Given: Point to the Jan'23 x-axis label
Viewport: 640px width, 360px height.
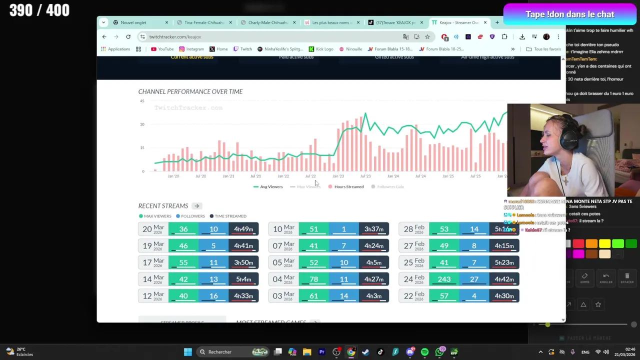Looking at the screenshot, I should pyautogui.click(x=338, y=176).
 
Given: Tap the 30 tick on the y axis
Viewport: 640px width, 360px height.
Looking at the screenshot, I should pyautogui.click(x=142, y=124).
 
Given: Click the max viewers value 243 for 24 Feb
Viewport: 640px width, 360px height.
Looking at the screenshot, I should pyautogui.click(x=444, y=279).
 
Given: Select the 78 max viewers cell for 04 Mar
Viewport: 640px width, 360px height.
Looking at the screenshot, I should pyautogui.click(x=313, y=279).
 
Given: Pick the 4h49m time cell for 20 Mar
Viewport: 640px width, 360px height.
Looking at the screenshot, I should pyautogui.click(x=243, y=229).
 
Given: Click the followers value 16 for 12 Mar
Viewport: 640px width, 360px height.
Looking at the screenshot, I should pyautogui.click(x=213, y=296).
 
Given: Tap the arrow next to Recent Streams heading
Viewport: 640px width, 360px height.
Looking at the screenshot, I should pyautogui.click(x=196, y=206).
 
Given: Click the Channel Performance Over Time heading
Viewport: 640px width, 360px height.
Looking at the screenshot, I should pyautogui.click(x=190, y=91).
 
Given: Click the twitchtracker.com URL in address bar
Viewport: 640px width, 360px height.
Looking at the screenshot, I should pyautogui.click(x=175, y=36).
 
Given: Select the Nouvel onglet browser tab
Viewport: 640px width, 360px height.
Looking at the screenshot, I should pyautogui.click(x=133, y=22).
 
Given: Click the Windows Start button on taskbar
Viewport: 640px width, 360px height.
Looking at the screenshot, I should pyautogui.click(x=187, y=352).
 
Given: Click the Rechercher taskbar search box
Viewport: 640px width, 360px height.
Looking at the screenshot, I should pyautogui.click(x=220, y=352).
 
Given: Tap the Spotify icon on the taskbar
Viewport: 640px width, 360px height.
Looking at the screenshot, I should pyautogui.click(x=424, y=352).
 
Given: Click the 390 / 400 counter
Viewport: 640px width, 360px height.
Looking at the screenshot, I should pyautogui.click(x=39, y=10).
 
